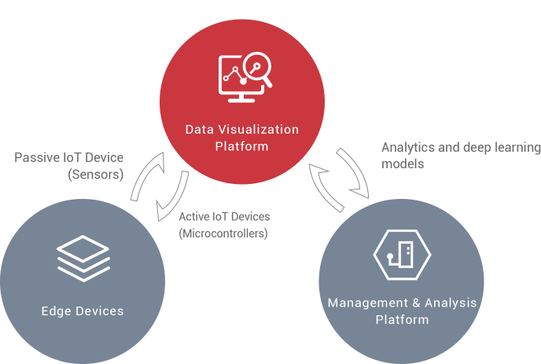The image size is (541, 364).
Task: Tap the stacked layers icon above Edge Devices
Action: [83, 259]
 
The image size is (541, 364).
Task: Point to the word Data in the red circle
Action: [198, 129]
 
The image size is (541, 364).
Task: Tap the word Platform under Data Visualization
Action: [242, 146]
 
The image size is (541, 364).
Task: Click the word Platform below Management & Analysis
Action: [402, 319]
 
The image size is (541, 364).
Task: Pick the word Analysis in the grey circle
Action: [451, 303]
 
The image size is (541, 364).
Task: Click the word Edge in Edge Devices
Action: [56, 311]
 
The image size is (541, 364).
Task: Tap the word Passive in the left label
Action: [36, 157]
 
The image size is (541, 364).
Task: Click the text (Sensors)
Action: [96, 175]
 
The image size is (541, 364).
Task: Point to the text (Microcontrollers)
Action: [223, 233]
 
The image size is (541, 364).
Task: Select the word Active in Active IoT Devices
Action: [194, 216]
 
